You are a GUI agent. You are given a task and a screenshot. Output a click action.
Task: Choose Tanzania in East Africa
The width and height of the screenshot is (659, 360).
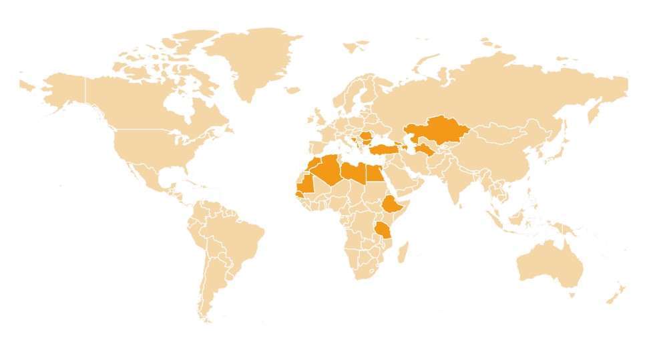(383, 231)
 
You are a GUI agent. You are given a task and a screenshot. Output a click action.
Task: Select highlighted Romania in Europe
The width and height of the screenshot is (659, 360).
(367, 138)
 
